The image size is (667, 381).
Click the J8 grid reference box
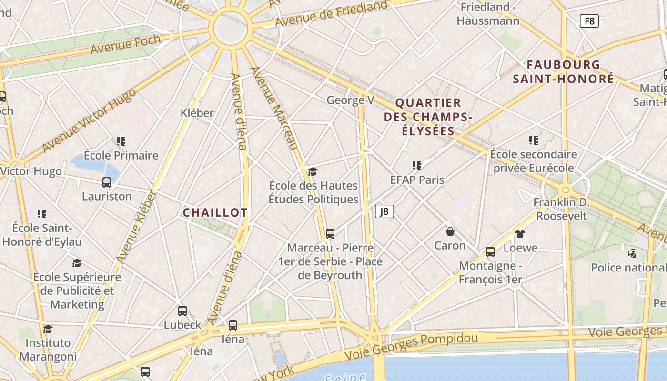[384, 211]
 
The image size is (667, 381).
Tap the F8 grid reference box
[589, 21]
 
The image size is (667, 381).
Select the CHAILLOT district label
[215, 213]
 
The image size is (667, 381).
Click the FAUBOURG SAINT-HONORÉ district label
[564, 72]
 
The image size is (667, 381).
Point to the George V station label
[350, 100]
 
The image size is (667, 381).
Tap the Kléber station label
[197, 113]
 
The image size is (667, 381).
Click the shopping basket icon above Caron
[450, 231]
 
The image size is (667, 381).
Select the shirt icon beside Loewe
[520, 233]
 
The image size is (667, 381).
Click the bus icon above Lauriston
[107, 182]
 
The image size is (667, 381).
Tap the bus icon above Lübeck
[182, 311]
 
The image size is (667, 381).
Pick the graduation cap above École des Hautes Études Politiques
[313, 171]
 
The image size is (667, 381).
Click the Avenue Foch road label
[126, 44]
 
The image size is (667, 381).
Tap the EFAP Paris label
[417, 180]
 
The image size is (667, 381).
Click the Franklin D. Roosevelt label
[561, 209]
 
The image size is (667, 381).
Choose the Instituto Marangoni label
[48, 350]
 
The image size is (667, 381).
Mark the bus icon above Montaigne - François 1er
[490, 252]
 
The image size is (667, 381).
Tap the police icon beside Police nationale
[632, 253]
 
